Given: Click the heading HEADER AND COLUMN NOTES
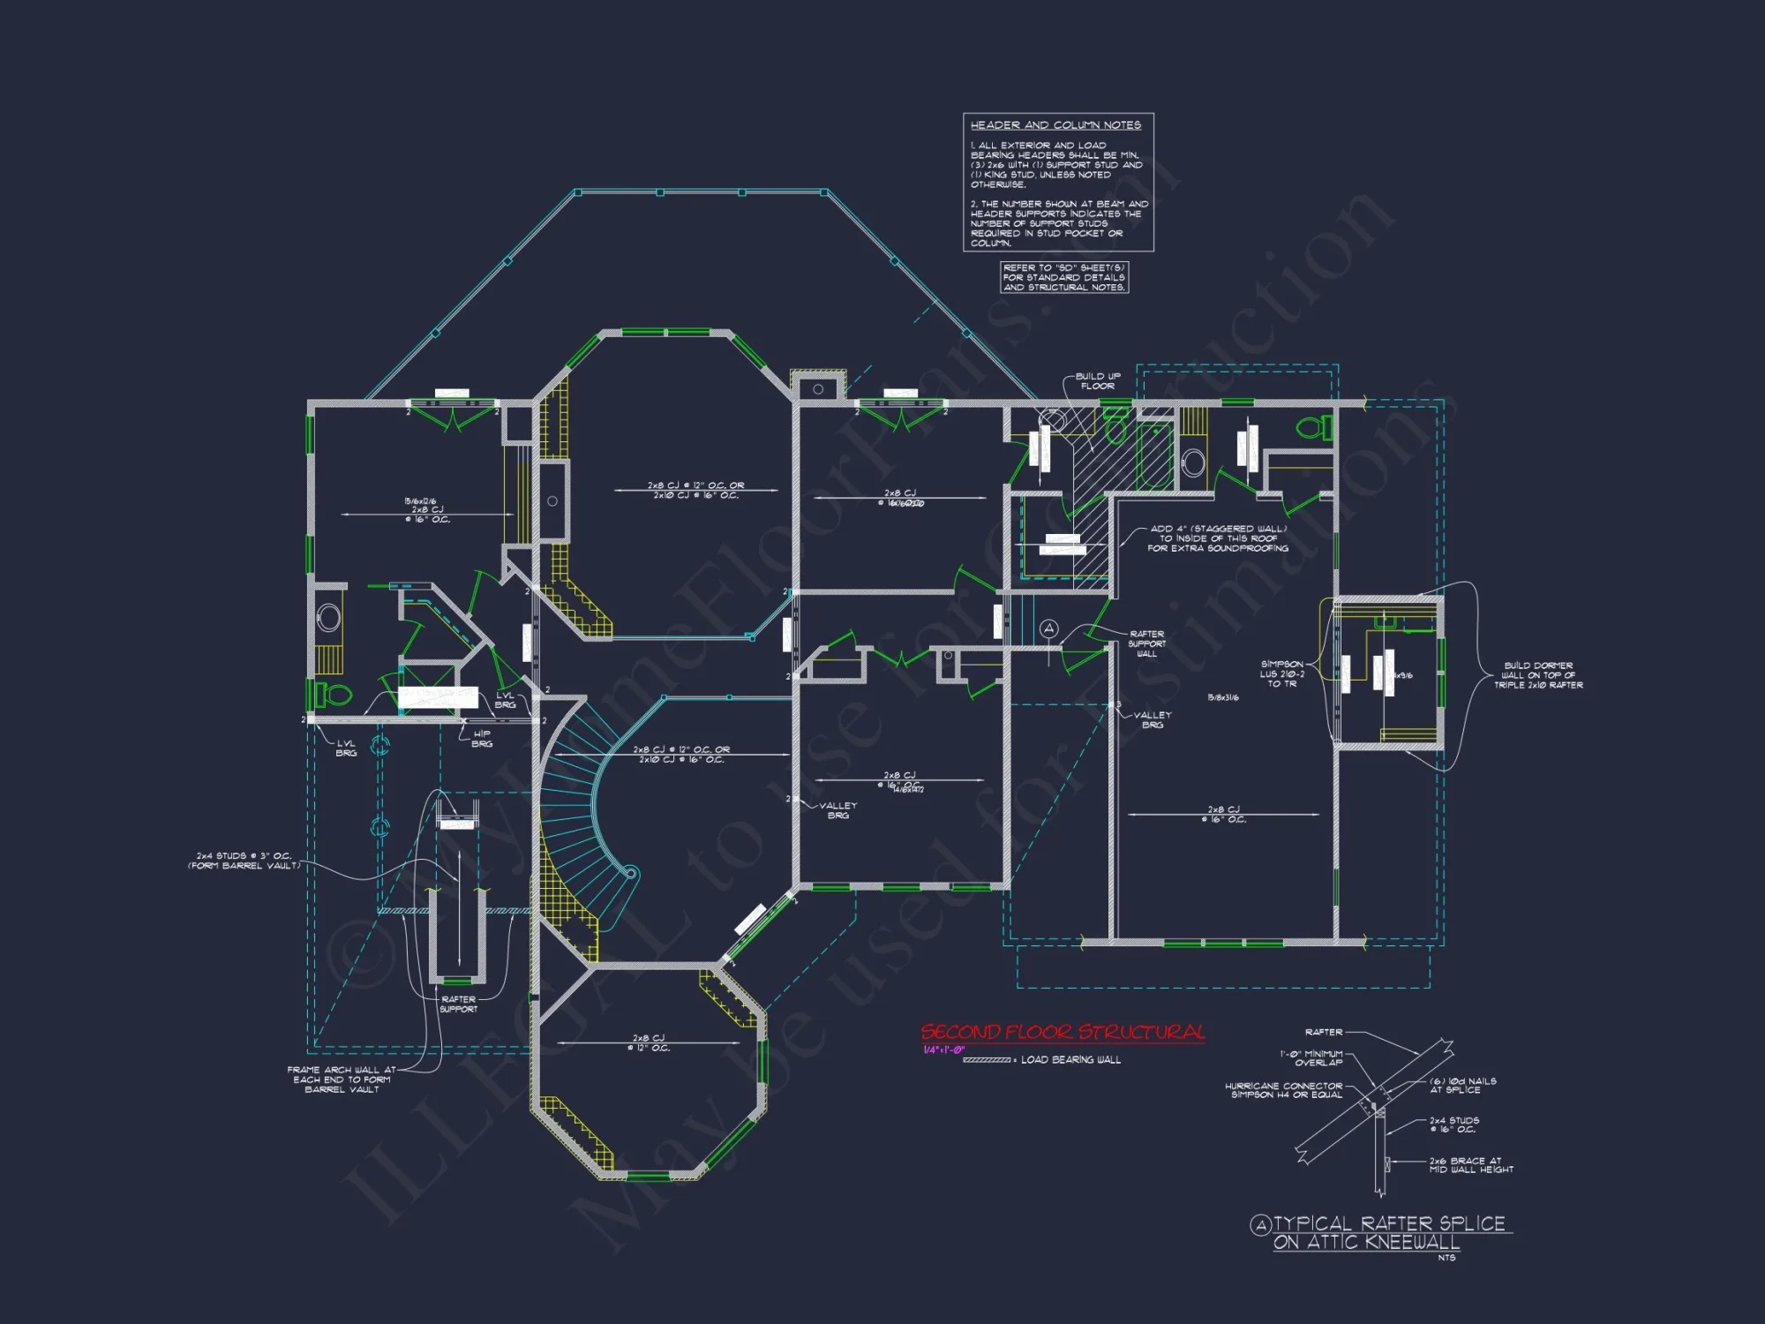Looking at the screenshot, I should point(1055,125).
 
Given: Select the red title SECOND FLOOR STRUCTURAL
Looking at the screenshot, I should point(1063,1032).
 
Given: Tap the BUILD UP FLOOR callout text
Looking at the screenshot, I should point(1097,380).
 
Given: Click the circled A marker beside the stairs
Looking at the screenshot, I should point(1048,628).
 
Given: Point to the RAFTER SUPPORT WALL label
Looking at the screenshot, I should point(1146,643).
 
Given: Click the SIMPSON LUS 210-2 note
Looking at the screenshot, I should point(1281,673).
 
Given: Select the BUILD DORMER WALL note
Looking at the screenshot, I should point(1537,675).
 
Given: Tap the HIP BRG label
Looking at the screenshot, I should point(482,739).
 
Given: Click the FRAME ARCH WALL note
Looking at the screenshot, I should point(342,1079).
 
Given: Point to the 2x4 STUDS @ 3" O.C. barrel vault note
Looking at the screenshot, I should point(244,861).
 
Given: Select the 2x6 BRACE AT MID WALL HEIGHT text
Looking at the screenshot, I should point(1470,1165).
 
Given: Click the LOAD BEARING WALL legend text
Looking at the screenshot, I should point(1070,1060).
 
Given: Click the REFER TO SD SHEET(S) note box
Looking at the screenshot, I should point(1063,277).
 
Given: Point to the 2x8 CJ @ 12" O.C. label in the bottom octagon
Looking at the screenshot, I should point(649,1042).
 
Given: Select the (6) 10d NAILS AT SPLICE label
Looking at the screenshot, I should point(1462,1085).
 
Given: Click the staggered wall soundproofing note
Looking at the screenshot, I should point(1218,538).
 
